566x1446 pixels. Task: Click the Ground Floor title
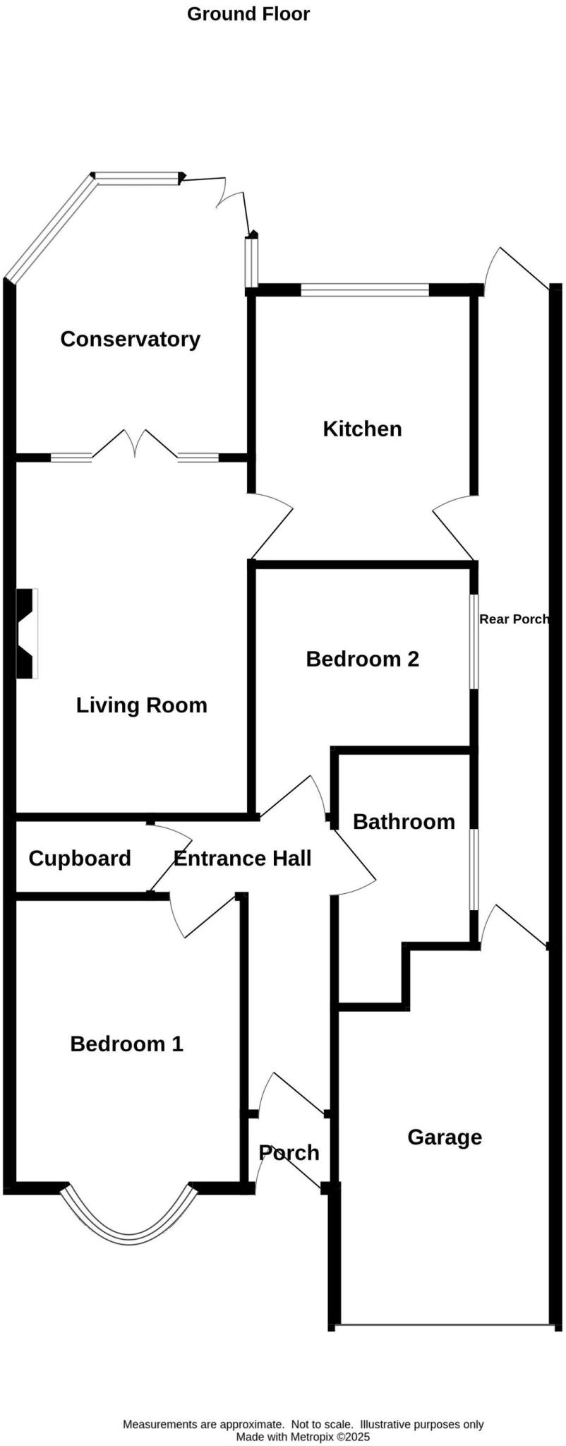click(248, 14)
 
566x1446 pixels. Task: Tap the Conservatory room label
click(130, 339)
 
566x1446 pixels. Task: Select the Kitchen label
click(362, 429)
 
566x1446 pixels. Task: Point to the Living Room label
click(141, 705)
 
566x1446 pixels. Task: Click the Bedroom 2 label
click(362, 659)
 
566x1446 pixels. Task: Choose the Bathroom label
click(404, 821)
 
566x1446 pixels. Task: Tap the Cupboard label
click(80, 858)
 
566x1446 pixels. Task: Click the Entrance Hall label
click(242, 858)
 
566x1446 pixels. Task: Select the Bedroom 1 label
click(126, 1044)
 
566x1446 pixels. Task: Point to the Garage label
click(445, 1137)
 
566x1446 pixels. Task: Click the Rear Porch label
click(514, 619)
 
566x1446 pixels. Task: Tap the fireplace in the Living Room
click(27, 633)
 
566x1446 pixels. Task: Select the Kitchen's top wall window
click(364, 289)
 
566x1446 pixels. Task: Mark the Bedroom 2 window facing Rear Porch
click(474, 641)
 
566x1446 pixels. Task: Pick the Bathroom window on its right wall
click(474, 869)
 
